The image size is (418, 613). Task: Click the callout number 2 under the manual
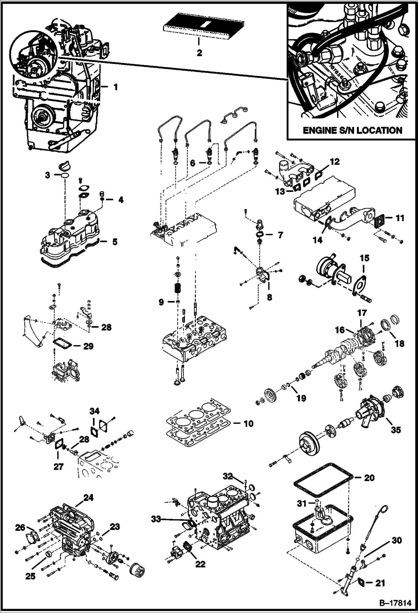coord(199,53)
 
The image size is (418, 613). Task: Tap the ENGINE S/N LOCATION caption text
coord(352,130)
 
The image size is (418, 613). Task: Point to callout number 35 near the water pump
coord(396,430)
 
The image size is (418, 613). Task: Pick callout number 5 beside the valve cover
coord(115,242)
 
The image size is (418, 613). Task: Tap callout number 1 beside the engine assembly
coord(115,87)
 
